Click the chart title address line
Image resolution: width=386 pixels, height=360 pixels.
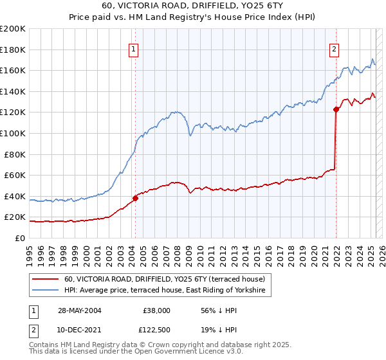pyautogui.click(x=192, y=7)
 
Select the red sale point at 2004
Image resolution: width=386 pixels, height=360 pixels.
pyautogui.click(x=136, y=198)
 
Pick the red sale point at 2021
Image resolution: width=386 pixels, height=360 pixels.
pyautogui.click(x=336, y=110)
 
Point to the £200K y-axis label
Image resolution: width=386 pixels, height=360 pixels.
pyautogui.click(x=12, y=29)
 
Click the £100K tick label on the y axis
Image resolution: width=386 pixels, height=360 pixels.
pyautogui.click(x=12, y=133)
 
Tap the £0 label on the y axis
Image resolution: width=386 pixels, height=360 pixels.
pyautogui.click(x=19, y=238)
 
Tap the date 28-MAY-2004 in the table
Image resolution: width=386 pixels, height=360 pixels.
pyautogui.click(x=79, y=310)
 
